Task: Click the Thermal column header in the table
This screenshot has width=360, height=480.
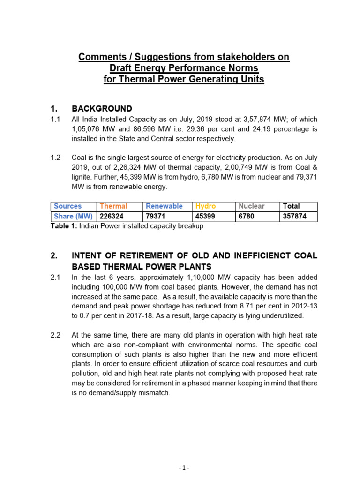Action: point(113,206)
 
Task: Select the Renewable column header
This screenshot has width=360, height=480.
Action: point(164,206)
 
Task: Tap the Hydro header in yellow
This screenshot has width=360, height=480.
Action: point(205,206)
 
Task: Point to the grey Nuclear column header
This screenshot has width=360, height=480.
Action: point(251,206)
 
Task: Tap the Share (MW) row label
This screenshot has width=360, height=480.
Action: point(73,217)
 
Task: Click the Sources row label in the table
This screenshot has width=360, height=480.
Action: point(67,206)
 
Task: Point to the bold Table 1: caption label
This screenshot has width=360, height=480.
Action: point(64,226)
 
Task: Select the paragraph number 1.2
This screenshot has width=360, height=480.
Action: point(56,157)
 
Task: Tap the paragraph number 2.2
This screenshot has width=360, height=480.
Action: point(56,335)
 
